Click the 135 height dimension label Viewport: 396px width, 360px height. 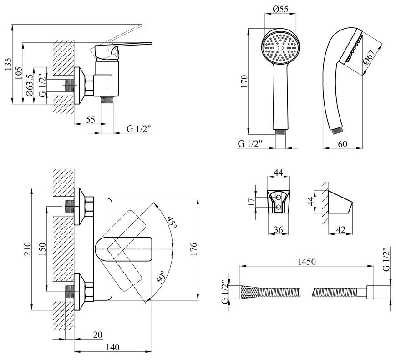click(8, 64)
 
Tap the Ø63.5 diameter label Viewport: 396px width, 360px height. click(29, 85)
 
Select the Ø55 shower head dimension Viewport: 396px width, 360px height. click(280, 10)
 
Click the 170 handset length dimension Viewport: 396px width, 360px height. click(244, 81)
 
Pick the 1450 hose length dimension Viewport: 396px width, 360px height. click(307, 262)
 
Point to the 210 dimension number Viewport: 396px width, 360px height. click(27, 249)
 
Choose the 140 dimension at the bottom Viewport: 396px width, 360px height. click(112, 347)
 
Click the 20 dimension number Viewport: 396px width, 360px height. click(98, 335)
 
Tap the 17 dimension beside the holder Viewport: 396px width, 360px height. click(252, 202)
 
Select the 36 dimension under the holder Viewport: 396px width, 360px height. click(279, 230)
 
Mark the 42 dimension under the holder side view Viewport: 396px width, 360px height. click(340, 230)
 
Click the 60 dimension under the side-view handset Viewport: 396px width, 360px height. click(342, 144)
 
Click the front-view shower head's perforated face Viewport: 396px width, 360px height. click(280, 48)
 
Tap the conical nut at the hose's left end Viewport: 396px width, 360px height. click(250, 292)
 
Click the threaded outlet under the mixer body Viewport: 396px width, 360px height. click(107, 100)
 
